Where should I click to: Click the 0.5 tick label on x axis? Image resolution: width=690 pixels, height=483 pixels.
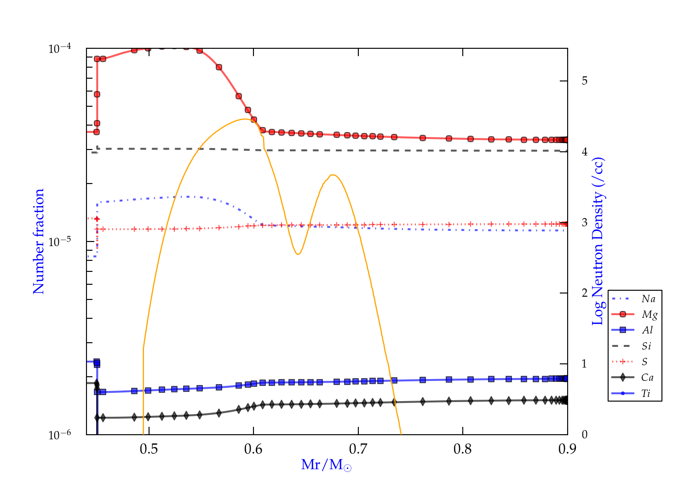point(149,449)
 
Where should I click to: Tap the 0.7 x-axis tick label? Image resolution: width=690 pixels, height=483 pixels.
point(358,449)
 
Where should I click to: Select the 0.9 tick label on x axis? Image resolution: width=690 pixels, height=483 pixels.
point(567,449)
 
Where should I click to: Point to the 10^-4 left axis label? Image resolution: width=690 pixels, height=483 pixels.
point(60,49)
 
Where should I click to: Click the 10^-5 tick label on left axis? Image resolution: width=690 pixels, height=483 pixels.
point(60,242)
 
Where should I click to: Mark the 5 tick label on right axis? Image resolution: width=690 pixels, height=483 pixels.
point(585,81)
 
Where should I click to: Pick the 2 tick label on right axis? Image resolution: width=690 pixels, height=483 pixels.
point(585,293)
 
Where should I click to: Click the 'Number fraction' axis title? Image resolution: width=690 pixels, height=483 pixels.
point(39,241)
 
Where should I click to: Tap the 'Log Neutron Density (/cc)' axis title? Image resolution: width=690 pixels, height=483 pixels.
point(598,241)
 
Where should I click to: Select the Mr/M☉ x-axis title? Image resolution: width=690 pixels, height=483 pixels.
point(327,465)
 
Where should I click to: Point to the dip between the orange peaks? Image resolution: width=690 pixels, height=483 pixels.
point(298,254)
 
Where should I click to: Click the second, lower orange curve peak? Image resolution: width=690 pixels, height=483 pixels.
point(333,175)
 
